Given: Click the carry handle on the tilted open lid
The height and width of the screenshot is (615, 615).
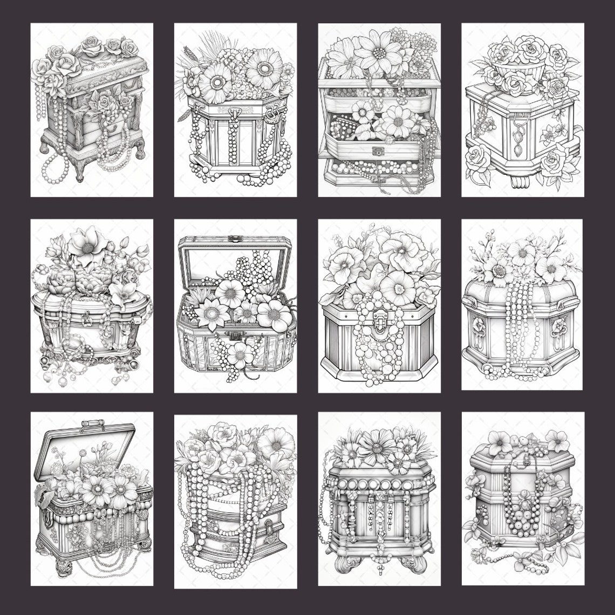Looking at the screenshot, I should pos(93,425).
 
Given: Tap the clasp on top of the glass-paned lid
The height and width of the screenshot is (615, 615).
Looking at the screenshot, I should pos(234,238).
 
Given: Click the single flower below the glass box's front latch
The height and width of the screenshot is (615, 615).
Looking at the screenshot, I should pos(240,355).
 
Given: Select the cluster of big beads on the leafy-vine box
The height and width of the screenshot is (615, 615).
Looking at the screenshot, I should pos(521,518).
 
